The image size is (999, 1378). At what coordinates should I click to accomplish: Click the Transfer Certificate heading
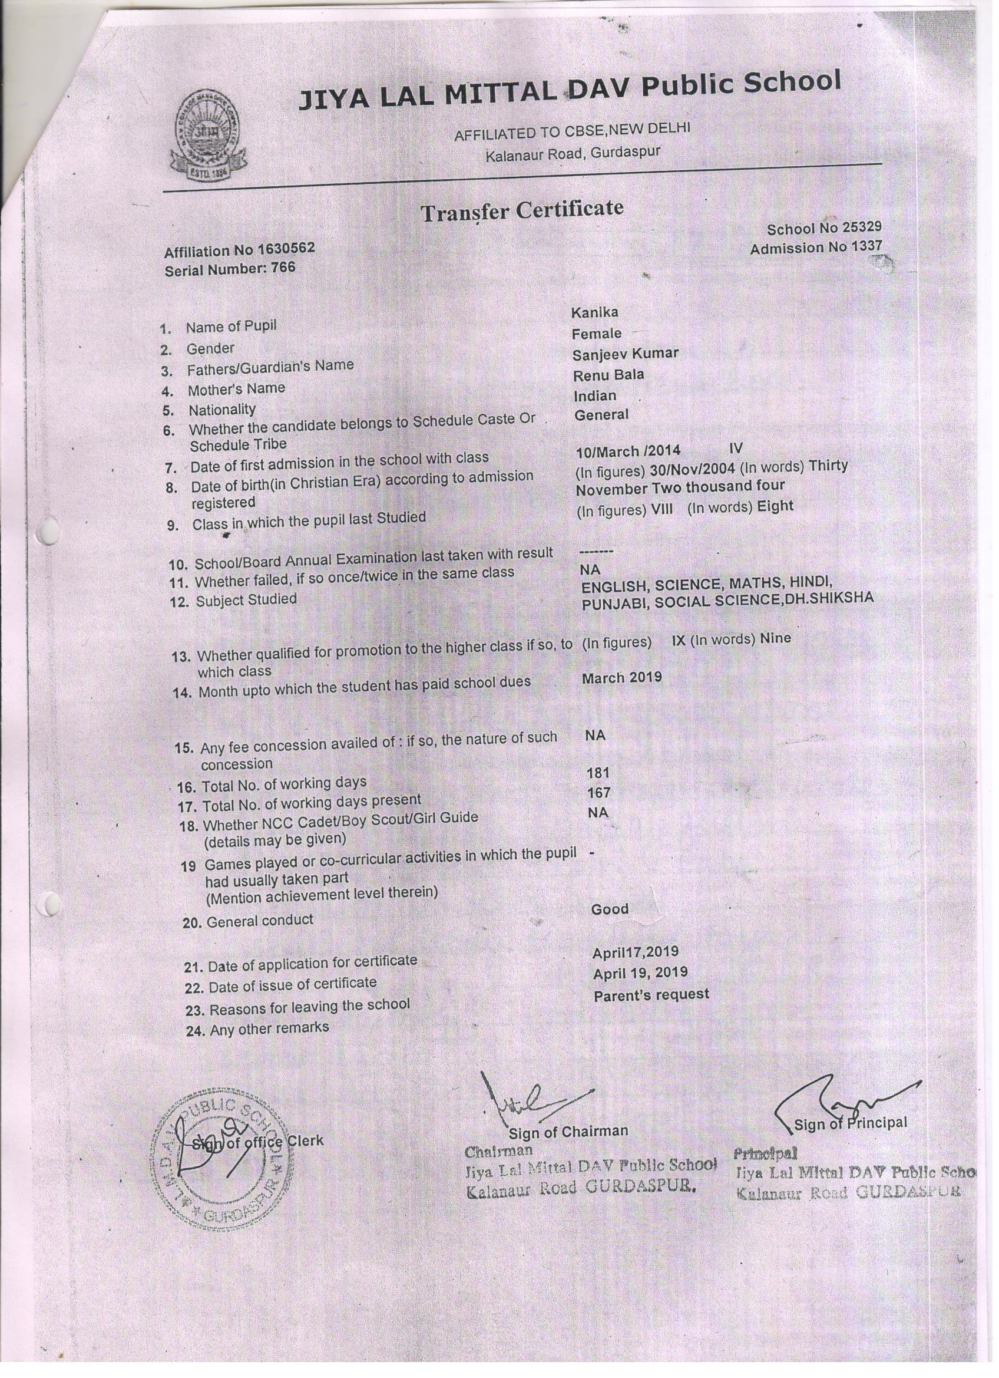tap(522, 211)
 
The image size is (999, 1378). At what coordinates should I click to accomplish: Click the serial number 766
tap(283, 268)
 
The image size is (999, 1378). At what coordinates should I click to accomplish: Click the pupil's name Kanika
tap(594, 312)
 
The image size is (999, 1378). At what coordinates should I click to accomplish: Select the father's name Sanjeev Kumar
tap(625, 354)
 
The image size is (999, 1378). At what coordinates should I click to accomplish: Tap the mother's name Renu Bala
tap(608, 375)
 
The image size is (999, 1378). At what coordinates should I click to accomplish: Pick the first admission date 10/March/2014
tap(628, 451)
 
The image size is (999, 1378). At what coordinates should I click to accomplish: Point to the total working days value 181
tap(598, 773)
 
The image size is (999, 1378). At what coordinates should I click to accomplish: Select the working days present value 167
tap(598, 793)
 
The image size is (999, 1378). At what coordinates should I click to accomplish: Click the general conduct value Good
tap(609, 909)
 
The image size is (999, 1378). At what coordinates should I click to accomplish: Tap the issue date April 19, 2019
tap(640, 972)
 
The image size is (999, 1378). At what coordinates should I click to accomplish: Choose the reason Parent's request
tap(651, 995)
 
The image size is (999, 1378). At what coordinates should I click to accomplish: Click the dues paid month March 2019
tap(621, 677)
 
